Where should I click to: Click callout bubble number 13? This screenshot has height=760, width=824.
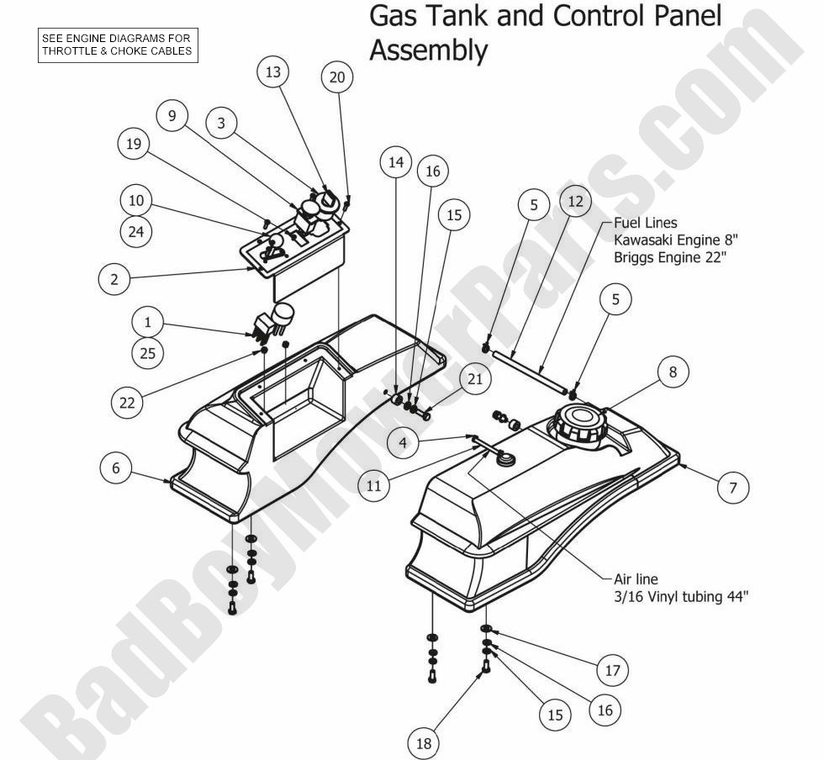[x=273, y=73]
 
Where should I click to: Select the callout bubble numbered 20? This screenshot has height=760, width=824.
[x=337, y=77]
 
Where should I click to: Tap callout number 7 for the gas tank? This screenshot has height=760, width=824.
[x=733, y=488]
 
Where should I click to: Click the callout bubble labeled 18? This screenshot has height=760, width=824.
[x=425, y=742]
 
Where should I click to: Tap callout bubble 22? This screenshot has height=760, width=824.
[x=127, y=402]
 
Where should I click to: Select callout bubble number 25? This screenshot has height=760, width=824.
[x=147, y=354]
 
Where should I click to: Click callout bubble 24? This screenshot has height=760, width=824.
[x=135, y=234]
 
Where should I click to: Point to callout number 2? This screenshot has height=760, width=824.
[x=114, y=279]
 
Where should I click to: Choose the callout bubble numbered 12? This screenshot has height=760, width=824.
[x=575, y=202]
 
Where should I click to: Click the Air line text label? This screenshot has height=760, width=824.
[x=635, y=579]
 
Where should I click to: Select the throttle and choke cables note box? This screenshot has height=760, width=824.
[x=118, y=44]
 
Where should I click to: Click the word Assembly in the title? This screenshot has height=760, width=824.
[x=428, y=52]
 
